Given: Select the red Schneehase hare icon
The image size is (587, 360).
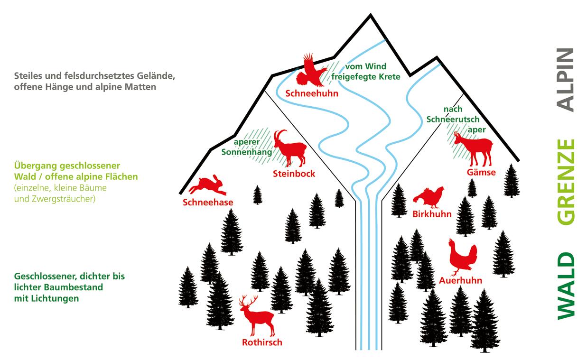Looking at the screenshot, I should pyautogui.click(x=208, y=185).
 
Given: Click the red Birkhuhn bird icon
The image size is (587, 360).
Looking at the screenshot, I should pyautogui.click(x=429, y=197).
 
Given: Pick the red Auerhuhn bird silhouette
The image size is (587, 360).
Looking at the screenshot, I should pyautogui.click(x=462, y=257).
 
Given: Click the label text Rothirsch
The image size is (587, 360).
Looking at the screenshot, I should pyautogui.click(x=262, y=342).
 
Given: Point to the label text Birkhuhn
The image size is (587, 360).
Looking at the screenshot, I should pyautogui.click(x=432, y=214).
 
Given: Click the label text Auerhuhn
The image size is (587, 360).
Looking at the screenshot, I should pyautogui.click(x=460, y=280).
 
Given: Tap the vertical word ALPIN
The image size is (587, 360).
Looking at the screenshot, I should pyautogui.click(x=565, y=80).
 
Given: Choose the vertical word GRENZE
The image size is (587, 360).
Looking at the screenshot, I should pyautogui.click(x=565, y=181).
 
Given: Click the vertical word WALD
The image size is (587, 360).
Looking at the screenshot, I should pyautogui.click(x=565, y=285).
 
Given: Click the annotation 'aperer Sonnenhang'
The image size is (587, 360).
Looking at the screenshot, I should pyautogui.click(x=247, y=147).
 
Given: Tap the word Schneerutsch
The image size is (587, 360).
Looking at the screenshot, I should pyautogui.click(x=453, y=119).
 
